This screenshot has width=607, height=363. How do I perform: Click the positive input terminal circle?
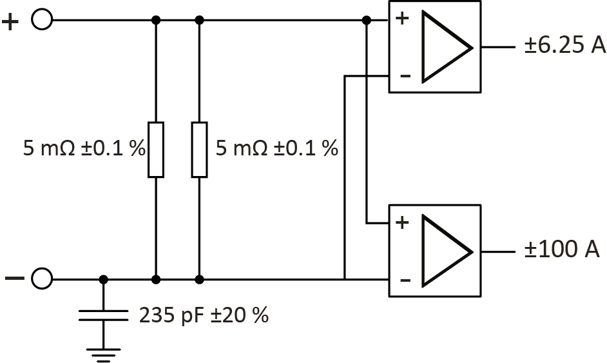pos(42,20)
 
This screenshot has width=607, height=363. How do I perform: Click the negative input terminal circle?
pos(42,279)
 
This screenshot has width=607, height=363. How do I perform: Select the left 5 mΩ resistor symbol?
pos(156,148)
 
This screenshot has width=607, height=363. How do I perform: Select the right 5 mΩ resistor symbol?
pos(200,148)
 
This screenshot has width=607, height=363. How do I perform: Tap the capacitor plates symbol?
pos(104,315)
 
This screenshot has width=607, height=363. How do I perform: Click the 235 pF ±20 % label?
pos(204,315)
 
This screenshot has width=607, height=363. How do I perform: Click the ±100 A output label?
pos(561,250)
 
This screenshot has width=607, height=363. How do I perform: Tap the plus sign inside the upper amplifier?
pos(402,18)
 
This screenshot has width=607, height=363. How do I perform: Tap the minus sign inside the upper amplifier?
pos(404,76)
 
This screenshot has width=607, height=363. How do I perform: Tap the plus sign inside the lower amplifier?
pos(403,223)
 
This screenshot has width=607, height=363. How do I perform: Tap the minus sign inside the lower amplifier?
pos(404,280)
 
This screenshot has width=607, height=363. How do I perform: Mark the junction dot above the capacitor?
pos(104,279)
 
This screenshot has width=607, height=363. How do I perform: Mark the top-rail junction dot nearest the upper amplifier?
pos(366,20)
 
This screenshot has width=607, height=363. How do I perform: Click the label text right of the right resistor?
pos(276,149)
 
